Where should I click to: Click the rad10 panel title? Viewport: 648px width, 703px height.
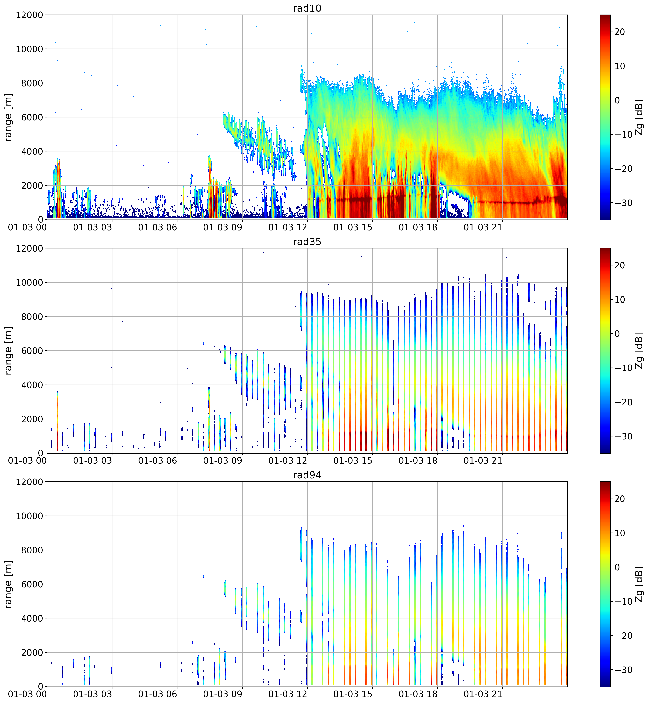(x=307, y=8)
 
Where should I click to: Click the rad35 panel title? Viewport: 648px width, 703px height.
(x=307, y=242)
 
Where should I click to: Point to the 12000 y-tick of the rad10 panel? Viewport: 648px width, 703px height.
(x=29, y=15)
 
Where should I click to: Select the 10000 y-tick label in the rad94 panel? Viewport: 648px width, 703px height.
(x=29, y=516)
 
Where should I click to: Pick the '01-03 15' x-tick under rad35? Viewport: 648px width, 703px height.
(x=353, y=460)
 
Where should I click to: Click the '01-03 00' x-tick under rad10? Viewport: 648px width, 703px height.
(x=27, y=227)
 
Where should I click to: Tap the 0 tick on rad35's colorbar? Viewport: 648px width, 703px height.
(x=617, y=334)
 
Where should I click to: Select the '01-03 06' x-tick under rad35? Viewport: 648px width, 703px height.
(x=157, y=460)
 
